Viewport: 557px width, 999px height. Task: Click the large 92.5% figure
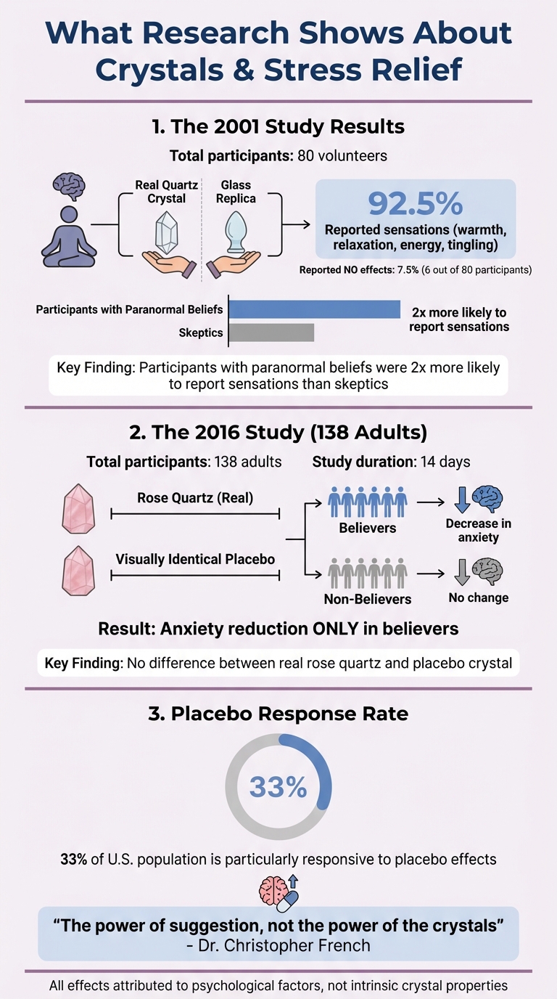pos(415,204)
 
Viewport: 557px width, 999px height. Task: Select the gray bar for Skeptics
pos(271,333)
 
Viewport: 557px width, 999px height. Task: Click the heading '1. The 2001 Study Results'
pos(278,126)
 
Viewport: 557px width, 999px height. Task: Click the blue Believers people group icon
pos(367,501)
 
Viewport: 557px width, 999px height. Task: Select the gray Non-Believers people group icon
pos(367,574)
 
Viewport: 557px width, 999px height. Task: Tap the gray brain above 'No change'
pos(487,572)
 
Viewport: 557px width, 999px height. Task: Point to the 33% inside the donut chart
pos(278,787)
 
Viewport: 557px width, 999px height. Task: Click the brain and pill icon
pos(278,892)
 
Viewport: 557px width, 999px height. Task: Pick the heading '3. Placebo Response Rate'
pos(278,714)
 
